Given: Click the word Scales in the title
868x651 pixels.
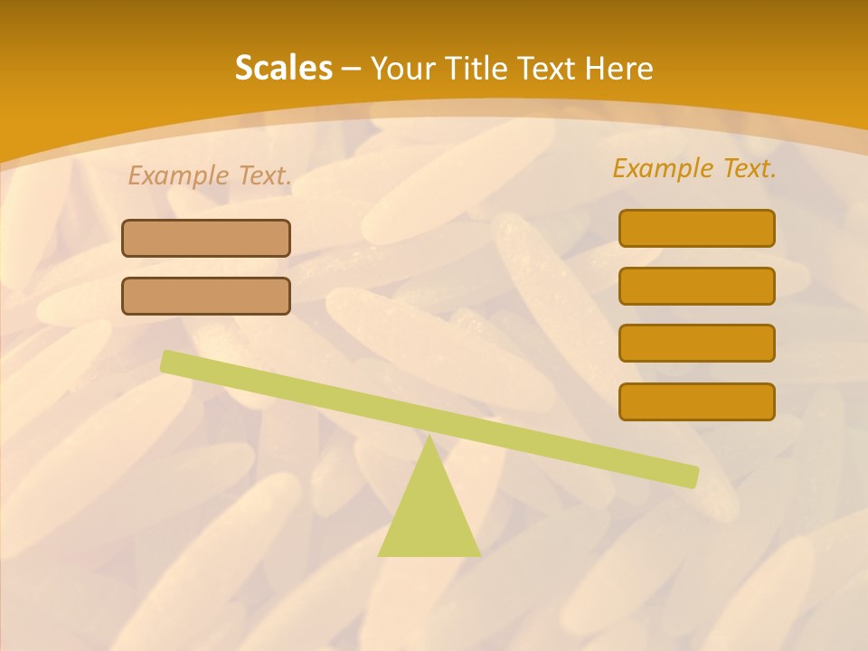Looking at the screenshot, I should tap(284, 69).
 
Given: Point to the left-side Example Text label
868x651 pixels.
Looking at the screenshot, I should tap(210, 176).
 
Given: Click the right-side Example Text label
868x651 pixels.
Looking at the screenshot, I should tap(694, 169).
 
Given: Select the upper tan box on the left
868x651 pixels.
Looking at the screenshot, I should tap(206, 239).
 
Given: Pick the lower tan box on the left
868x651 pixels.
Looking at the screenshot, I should tap(206, 297).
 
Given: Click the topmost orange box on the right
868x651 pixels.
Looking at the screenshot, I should tap(697, 229).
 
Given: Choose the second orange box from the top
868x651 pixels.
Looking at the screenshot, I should tap(697, 287).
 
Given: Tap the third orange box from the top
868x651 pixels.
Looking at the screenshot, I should tap(697, 344).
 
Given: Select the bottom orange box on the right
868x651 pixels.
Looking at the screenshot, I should tap(697, 402).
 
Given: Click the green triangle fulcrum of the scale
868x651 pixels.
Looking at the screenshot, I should tap(429, 515).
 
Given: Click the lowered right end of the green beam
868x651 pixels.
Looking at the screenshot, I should tap(691, 476).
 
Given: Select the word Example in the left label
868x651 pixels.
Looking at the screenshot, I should tap(179, 176).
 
